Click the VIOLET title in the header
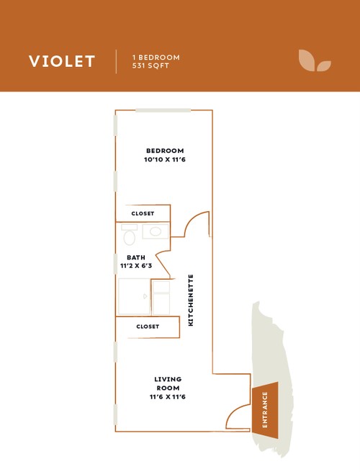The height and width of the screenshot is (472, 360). coord(62,61)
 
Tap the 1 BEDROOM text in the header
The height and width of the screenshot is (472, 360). coord(156,57)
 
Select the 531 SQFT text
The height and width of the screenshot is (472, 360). coord(150,66)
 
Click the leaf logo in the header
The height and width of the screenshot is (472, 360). coord(315,61)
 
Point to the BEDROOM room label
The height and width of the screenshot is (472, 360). coord(165,151)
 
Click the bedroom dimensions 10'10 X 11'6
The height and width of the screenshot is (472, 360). coord(165,159)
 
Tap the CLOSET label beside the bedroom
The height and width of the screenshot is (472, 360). coord(143,213)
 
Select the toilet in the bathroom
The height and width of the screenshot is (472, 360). coord(130,234)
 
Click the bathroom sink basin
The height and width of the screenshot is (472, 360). coord(156,231)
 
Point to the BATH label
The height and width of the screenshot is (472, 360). coord(136,258)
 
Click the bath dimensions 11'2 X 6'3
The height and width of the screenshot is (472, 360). coord(136,266)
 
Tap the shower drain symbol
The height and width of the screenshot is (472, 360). coord(145,296)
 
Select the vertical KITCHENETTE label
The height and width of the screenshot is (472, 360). coord(191,300)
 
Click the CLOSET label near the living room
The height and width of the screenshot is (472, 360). coord(148,326)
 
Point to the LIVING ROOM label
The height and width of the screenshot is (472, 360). coord(168,383)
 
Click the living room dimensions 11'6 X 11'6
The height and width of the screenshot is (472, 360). coord(168,397)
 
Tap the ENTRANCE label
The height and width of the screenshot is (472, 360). coord(265,410)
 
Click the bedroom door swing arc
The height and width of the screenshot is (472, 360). coord(192,217)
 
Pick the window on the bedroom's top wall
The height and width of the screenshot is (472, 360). coord(163,110)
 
